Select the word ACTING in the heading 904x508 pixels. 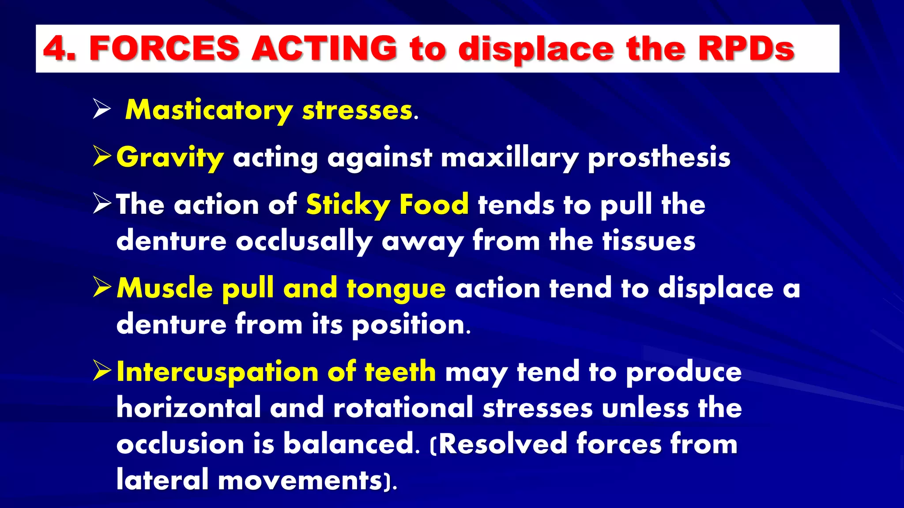[x=324, y=49]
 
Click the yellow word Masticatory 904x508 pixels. [x=209, y=110]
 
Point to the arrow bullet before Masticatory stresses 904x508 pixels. [x=102, y=109]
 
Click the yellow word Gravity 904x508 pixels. [x=170, y=158]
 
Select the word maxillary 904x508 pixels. [x=510, y=158]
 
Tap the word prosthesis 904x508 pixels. [x=659, y=158]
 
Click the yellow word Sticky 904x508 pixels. [x=348, y=205]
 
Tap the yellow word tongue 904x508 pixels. [x=396, y=289]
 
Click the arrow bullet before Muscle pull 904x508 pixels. [x=102, y=288]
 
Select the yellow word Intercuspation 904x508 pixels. [x=217, y=372]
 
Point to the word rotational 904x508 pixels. [x=403, y=408]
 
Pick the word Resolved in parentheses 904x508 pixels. [x=503, y=444]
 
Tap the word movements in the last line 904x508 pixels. [x=300, y=480]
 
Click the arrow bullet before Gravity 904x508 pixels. [x=102, y=157]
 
